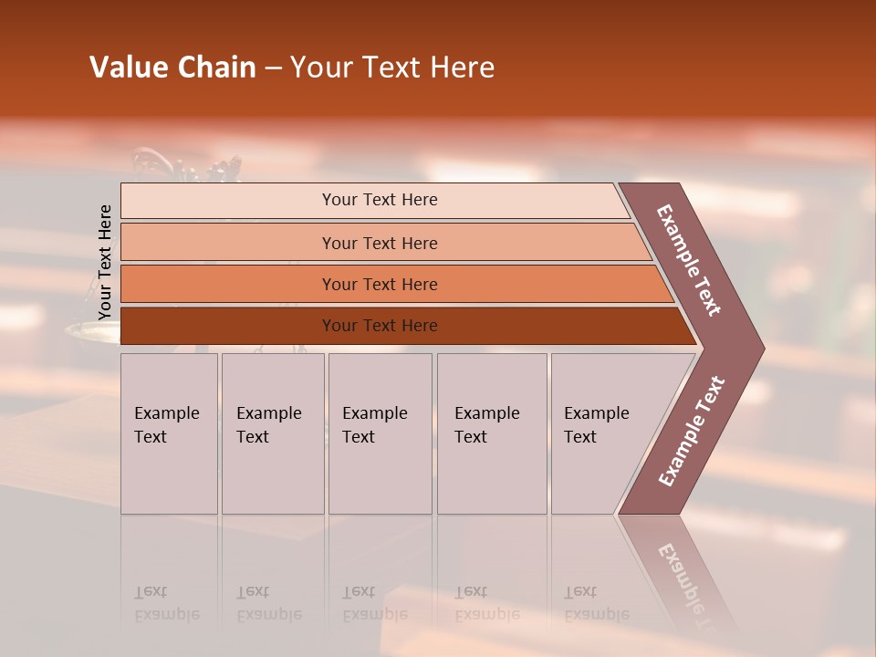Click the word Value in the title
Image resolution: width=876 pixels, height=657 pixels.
tap(127, 68)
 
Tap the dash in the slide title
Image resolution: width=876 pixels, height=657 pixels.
tap(273, 68)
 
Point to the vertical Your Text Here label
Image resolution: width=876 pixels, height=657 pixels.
tap(105, 263)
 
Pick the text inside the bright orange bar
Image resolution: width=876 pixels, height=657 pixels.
tap(380, 285)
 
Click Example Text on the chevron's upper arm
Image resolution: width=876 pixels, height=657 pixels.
tap(689, 260)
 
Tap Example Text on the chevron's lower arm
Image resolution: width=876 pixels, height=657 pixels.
tap(691, 432)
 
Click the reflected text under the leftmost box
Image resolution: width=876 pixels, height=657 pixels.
tap(167, 603)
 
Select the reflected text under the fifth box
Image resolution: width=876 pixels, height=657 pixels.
tap(597, 603)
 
